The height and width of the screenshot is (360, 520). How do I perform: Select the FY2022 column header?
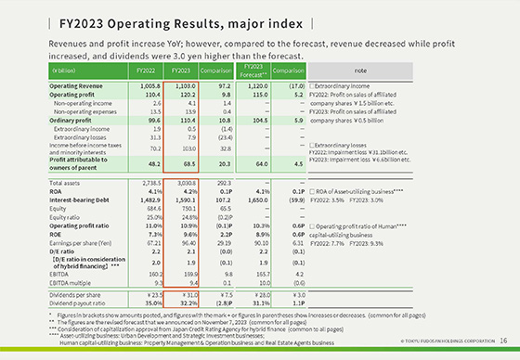pyautogui.click(x=145, y=69)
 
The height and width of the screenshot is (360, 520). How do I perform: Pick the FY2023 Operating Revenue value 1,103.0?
pyautogui.click(x=183, y=84)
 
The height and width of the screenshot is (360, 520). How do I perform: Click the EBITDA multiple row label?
pyautogui.click(x=71, y=282)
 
